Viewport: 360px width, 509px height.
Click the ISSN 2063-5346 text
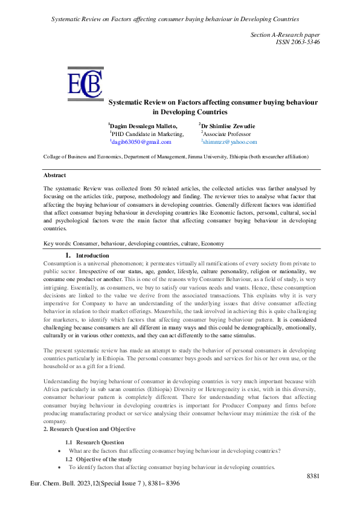click(297, 42)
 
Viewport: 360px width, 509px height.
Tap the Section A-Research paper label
click(285, 34)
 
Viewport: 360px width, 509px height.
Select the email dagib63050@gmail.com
click(141, 142)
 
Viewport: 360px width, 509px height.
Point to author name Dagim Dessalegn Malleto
click(143, 125)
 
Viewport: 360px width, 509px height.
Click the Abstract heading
click(54, 175)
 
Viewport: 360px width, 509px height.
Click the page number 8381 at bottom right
click(313, 476)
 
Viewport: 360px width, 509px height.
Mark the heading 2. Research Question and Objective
click(89, 429)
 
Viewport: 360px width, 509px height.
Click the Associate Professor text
click(227, 133)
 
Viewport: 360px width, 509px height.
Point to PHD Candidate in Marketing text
click(147, 133)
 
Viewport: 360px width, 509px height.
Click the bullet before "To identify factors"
click(59, 468)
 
